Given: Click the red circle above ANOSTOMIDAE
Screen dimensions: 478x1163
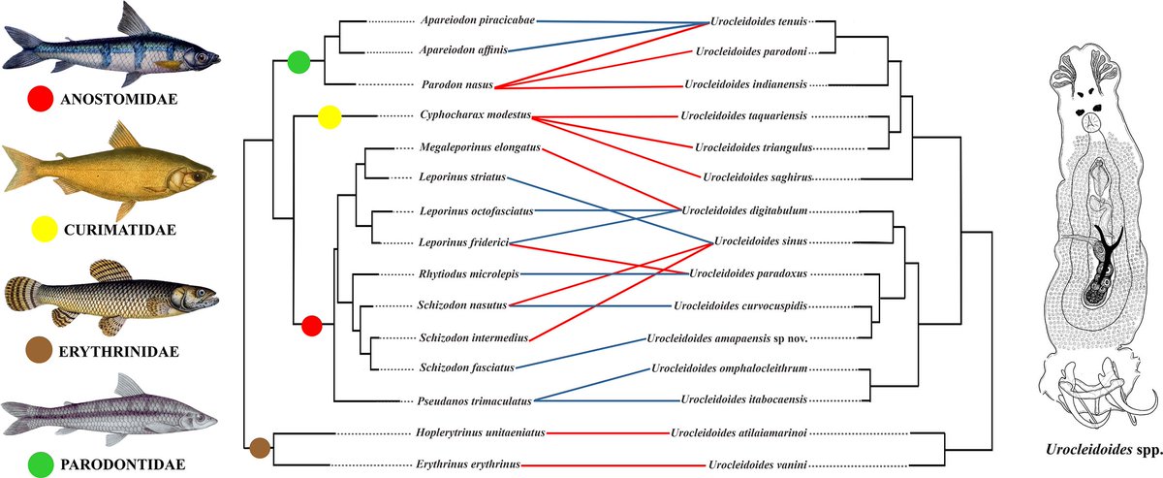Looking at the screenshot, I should tap(40, 98).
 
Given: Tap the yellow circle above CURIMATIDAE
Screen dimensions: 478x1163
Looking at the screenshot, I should tap(41, 230).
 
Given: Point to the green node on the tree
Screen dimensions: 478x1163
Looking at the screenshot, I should tap(299, 64).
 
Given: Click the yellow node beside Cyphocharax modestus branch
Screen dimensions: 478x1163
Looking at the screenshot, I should tap(330, 117).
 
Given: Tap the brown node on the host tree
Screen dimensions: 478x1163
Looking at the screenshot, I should tap(259, 447).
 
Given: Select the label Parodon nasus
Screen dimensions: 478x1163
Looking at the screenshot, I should tap(457, 85).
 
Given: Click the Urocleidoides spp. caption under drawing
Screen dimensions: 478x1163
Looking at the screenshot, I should tap(1096, 451).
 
